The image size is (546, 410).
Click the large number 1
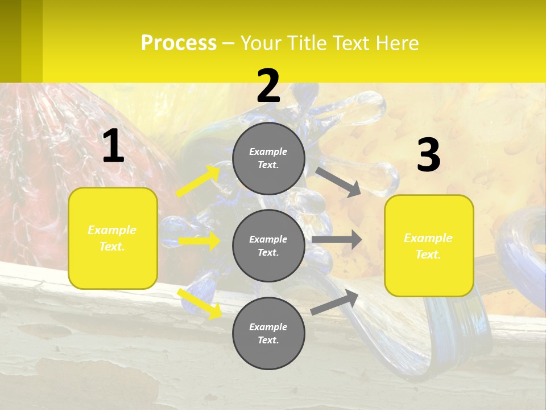pos(113,147)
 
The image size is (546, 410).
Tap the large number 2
pos(268,87)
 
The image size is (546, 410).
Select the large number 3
pos(428,156)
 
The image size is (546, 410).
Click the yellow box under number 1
pos(113,238)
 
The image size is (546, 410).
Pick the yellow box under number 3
pos(429,245)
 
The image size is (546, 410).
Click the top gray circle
pos(268,158)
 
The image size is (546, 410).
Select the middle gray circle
pos(268,245)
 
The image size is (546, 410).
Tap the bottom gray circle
pos(268,333)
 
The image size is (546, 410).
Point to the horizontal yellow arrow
pos(199,241)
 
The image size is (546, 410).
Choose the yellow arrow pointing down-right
pos(200,304)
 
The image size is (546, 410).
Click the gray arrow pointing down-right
pos(338,182)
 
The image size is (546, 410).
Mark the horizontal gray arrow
pos(337,240)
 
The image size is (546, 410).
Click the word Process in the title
pos(179,43)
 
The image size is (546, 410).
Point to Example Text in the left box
pos(112,238)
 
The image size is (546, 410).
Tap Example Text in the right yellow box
pos(428,246)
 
